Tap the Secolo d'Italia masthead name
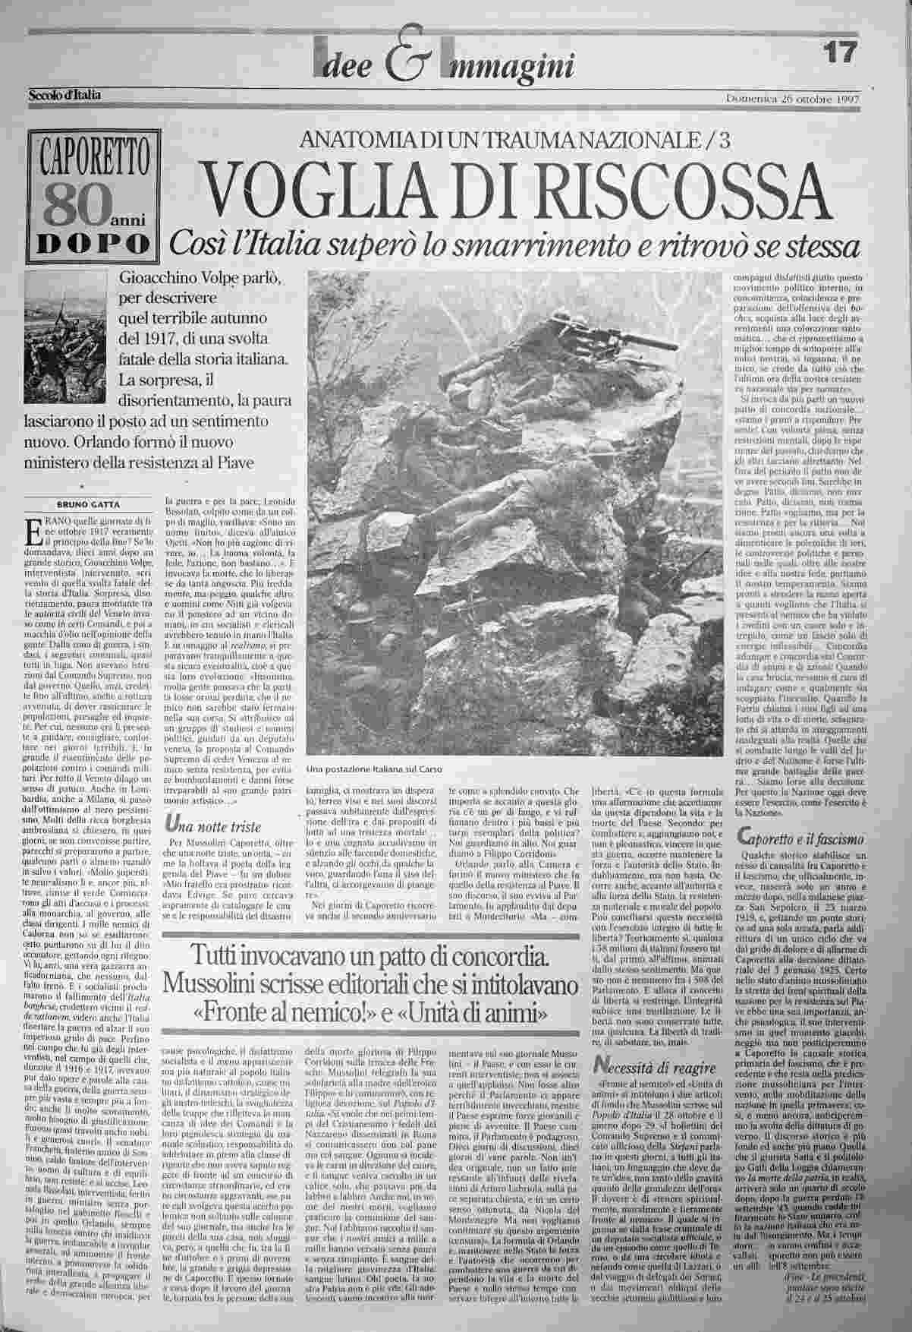tap(64, 96)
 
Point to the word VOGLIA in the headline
tap(294, 185)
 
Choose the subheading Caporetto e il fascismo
tap(800, 838)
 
